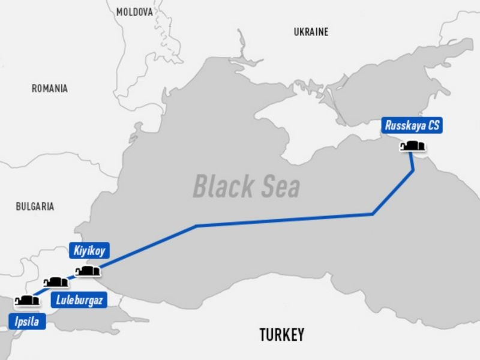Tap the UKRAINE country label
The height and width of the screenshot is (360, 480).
(x=311, y=32)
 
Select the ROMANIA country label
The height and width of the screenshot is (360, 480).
(x=50, y=88)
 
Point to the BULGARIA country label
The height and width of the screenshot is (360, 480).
(x=35, y=206)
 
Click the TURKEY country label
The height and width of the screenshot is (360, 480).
(x=281, y=334)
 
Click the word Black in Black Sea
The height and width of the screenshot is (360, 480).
(x=220, y=187)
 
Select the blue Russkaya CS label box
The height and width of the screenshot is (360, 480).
(x=412, y=127)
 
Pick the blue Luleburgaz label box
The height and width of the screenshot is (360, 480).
(x=79, y=301)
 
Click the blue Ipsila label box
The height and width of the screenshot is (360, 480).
(x=26, y=322)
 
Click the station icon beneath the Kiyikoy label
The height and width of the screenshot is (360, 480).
(x=88, y=271)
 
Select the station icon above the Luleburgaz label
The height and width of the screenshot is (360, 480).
(x=56, y=282)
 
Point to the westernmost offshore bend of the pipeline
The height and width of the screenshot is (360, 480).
(x=197, y=226)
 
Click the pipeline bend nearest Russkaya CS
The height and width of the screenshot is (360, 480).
(x=413, y=172)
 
